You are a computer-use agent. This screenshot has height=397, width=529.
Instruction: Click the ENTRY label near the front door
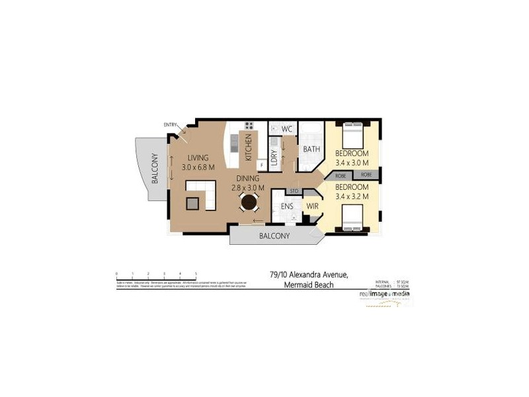click(170, 125)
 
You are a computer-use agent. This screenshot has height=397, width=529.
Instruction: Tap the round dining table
click(249, 201)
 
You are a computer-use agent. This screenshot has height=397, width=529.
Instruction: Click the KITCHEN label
click(249, 147)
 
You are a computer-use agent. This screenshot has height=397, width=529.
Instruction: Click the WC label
click(287, 128)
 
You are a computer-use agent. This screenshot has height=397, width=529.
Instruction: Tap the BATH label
click(311, 150)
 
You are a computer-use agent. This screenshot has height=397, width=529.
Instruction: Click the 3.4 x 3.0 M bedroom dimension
click(352, 162)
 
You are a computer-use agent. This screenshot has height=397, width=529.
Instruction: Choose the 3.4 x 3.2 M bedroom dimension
click(352, 197)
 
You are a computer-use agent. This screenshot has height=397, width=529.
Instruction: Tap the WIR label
click(311, 207)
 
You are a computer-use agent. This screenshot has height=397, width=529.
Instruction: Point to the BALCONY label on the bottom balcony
click(274, 236)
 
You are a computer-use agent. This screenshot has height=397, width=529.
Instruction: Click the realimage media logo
click(384, 293)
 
